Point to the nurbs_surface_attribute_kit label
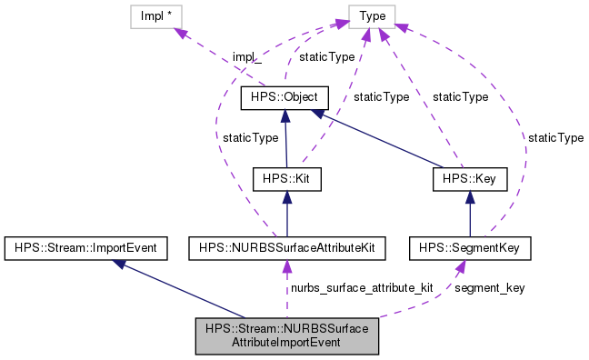(361, 287)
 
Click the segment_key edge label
(489, 287)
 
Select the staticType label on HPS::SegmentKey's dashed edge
(555, 137)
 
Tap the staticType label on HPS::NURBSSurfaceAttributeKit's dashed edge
(250, 137)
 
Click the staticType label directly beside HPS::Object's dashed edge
(327, 56)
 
